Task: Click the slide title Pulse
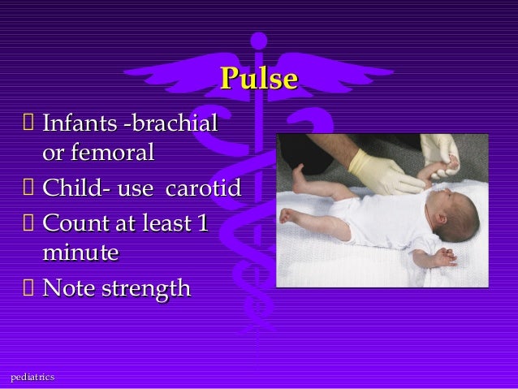click(x=259, y=79)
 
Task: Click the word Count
click(x=73, y=222)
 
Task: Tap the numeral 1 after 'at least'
click(x=201, y=222)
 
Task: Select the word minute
click(x=80, y=253)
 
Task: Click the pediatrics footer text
click(x=32, y=377)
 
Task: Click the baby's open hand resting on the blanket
click(x=443, y=258)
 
